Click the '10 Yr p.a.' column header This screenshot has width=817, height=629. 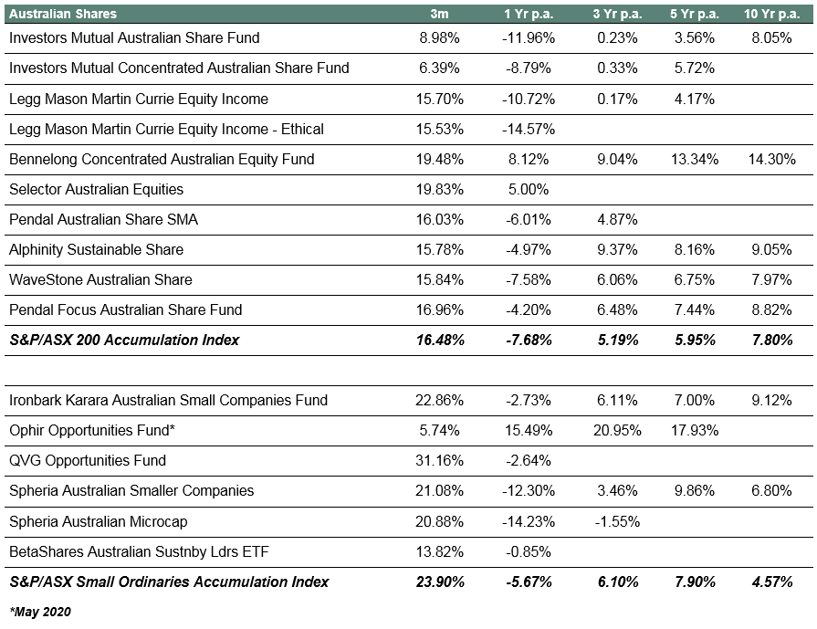[x=771, y=14]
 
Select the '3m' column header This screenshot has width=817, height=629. [x=439, y=14]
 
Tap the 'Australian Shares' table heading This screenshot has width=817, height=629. [x=63, y=14]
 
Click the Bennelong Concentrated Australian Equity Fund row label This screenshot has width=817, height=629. [x=162, y=160]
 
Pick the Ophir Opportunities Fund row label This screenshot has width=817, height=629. [x=91, y=431]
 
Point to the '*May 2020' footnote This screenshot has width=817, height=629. [x=40, y=612]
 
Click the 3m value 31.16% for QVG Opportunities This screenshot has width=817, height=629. [x=439, y=461]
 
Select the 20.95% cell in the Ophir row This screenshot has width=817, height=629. [x=617, y=431]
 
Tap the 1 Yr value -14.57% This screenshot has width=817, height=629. [x=529, y=130]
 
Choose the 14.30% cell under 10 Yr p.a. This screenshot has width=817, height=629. [x=771, y=160]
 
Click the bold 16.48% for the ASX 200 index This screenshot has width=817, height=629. [x=440, y=341]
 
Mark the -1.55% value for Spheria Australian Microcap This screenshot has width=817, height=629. [x=617, y=521]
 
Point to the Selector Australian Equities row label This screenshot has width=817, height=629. [x=97, y=190]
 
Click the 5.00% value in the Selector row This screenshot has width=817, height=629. [x=529, y=190]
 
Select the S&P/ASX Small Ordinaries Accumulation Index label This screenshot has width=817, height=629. [x=169, y=582]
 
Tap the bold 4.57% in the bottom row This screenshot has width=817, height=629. [x=772, y=582]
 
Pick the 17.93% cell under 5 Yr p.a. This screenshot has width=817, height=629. [x=695, y=431]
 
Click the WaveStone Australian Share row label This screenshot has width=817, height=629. [x=100, y=280]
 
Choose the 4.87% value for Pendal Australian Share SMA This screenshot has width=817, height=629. [x=617, y=219]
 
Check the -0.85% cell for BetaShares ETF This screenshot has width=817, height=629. [x=529, y=552]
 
